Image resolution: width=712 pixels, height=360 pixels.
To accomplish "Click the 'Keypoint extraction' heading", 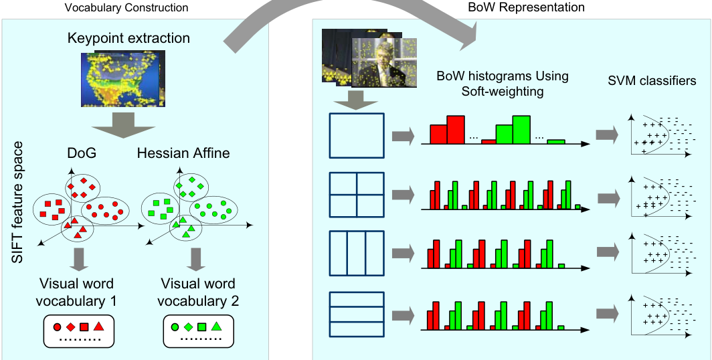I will point(128,37).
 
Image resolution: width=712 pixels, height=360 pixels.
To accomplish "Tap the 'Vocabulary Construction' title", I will point(126,8).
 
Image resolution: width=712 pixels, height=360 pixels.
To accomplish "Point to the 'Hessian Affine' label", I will point(183,153).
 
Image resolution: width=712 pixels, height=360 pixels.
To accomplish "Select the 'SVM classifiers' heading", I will point(652,81).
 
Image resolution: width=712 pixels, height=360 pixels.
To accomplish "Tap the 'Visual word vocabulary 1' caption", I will point(78,292).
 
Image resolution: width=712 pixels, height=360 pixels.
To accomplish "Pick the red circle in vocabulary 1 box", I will point(57,327).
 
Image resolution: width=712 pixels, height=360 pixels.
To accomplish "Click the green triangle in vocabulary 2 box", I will point(217,327).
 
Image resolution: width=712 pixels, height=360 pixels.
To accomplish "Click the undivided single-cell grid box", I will point(357,136).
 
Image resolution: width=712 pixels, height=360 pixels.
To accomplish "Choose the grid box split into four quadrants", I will point(357,194).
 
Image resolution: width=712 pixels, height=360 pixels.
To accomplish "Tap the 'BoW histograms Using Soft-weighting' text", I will point(502,83).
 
